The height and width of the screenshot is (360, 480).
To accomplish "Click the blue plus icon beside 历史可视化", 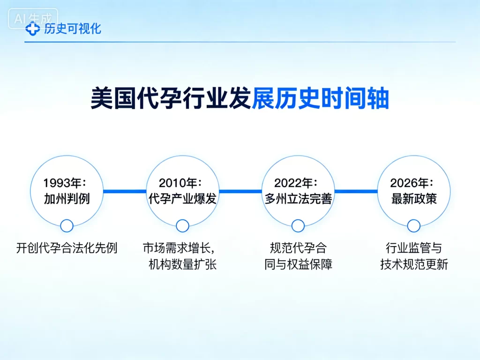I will click(x=33, y=29).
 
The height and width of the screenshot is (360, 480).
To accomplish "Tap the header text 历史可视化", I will click(x=72, y=29).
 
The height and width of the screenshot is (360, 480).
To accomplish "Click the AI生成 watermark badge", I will click(x=33, y=19).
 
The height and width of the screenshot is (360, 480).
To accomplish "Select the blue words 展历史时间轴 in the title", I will click(x=320, y=99).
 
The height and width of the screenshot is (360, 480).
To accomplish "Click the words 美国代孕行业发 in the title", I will click(x=171, y=99).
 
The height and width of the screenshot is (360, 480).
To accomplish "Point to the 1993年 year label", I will click(x=67, y=183).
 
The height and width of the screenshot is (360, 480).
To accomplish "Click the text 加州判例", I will click(x=67, y=199).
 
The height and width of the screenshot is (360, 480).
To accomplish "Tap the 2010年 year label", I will click(x=182, y=183).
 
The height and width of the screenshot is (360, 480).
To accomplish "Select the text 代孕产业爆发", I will click(x=182, y=199).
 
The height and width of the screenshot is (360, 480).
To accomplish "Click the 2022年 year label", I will click(x=298, y=183).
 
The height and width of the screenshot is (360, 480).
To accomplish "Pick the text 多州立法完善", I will click(x=298, y=199).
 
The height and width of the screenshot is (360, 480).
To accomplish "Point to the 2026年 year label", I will click(x=414, y=183).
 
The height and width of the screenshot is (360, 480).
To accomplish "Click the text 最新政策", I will click(x=414, y=199).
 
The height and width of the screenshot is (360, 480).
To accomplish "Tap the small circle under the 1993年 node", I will click(x=67, y=226).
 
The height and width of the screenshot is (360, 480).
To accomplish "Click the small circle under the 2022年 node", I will click(x=298, y=226).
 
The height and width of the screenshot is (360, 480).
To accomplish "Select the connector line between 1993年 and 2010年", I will click(x=125, y=191).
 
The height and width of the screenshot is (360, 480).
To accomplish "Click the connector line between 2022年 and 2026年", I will click(x=356, y=191).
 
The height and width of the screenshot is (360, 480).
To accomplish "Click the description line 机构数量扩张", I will click(x=182, y=264).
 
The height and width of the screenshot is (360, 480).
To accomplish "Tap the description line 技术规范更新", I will click(x=414, y=264).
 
